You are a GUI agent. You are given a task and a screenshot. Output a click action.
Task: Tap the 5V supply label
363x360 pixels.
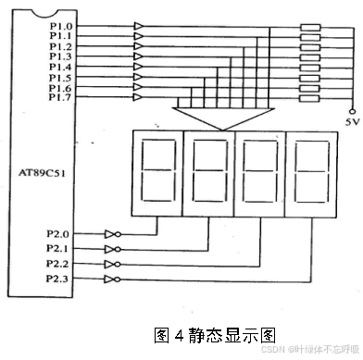click(x=349, y=121)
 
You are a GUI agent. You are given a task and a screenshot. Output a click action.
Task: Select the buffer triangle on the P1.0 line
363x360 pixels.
click(x=139, y=26)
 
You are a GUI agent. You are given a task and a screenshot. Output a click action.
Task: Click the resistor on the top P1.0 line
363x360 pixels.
click(x=311, y=26)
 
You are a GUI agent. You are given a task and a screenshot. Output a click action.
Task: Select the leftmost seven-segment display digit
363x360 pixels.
click(x=160, y=172)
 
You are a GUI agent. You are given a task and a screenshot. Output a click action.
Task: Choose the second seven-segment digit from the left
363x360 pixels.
click(x=211, y=172)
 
